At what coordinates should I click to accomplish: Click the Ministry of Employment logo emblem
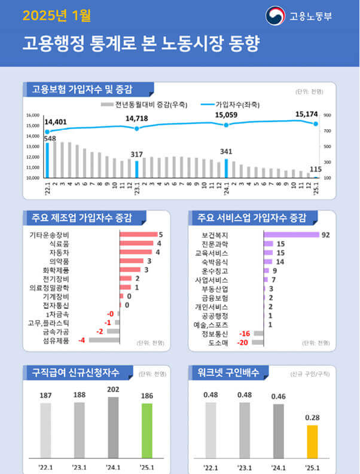point(276,16)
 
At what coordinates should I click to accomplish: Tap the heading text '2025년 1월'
point(57,16)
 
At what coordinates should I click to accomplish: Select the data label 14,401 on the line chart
point(56,122)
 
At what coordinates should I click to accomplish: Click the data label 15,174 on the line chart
point(307,114)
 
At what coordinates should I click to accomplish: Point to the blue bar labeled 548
point(47,160)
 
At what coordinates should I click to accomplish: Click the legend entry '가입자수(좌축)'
point(237,104)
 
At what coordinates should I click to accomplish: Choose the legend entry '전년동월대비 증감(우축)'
point(148,104)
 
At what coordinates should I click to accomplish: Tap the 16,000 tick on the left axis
point(32,115)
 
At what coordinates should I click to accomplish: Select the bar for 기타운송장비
point(138,234)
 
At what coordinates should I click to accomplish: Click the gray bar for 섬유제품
point(104,340)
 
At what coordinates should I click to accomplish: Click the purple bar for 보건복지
point(291,234)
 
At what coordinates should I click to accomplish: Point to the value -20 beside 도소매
point(243,342)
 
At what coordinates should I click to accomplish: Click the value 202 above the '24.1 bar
point(113,388)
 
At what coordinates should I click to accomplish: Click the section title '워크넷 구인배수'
point(228,373)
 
